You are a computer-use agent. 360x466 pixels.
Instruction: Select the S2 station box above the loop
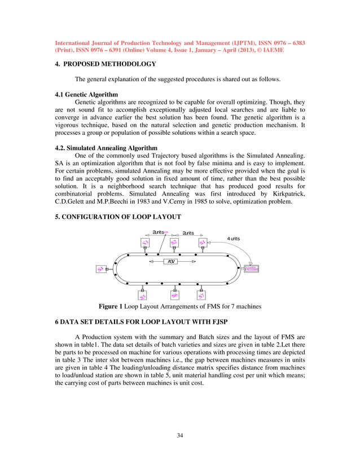tap(174, 243)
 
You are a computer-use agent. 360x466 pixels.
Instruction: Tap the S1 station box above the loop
tap(202, 243)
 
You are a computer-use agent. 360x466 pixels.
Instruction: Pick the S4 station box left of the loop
tap(100, 270)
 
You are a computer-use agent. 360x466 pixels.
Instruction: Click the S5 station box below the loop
tap(143, 295)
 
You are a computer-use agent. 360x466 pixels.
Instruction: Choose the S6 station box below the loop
tap(174, 295)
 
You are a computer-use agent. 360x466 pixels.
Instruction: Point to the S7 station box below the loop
tap(201, 295)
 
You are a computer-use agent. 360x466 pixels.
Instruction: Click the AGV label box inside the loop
tap(172, 262)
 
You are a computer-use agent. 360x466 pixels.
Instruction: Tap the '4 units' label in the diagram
tap(233, 239)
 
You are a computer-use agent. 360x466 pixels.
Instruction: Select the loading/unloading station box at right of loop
tap(251, 269)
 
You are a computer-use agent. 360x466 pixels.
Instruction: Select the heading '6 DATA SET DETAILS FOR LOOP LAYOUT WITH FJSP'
tap(151, 320)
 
